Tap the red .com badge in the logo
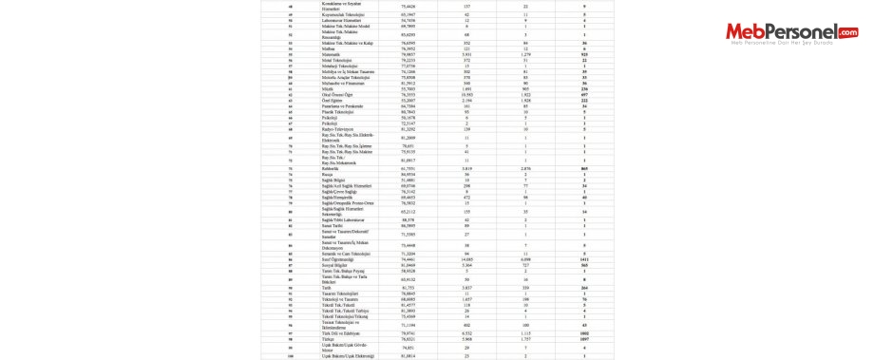pos(845,33)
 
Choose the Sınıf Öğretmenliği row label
pos(341,258)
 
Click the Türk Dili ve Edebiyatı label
pos(342,332)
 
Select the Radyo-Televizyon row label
pos(339,129)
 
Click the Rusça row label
pos(330,174)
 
